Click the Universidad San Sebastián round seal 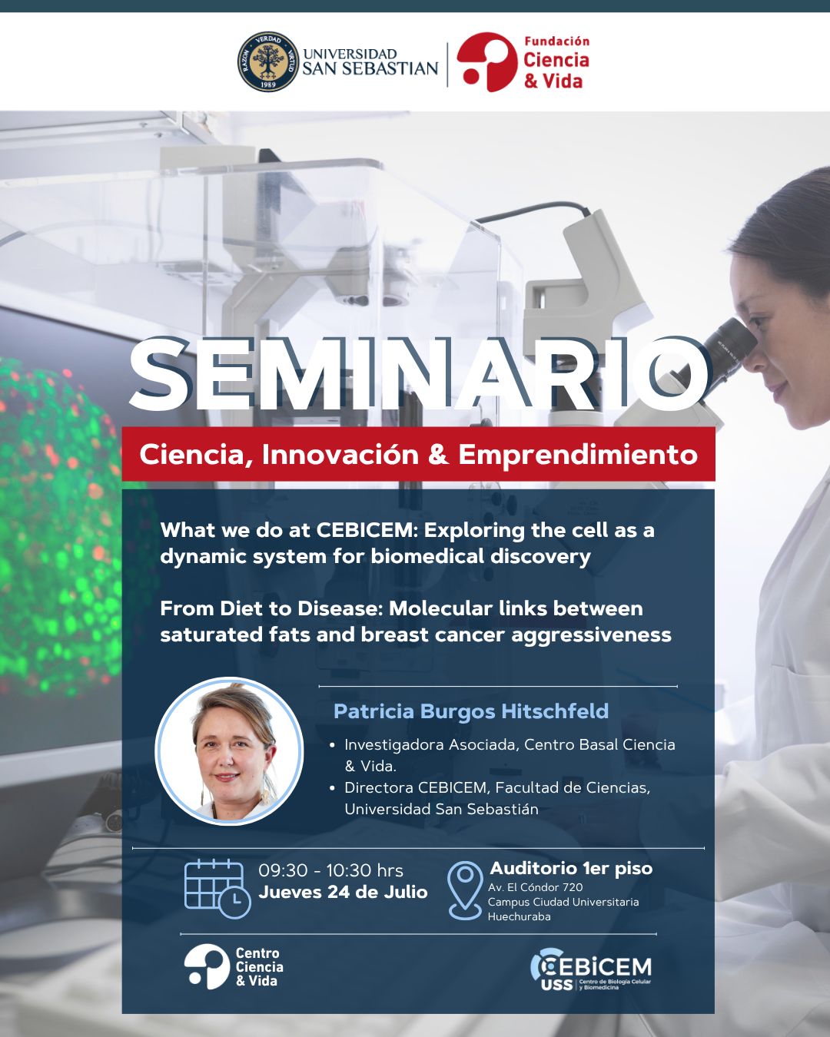click(x=269, y=61)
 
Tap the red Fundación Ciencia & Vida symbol click(x=486, y=61)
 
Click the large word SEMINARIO click(x=419, y=373)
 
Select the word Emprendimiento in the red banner click(x=578, y=455)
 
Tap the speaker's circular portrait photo click(x=230, y=750)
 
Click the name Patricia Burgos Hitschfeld click(x=471, y=711)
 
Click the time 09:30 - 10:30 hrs click(x=330, y=871)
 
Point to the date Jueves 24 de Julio click(x=343, y=893)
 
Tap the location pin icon click(x=465, y=890)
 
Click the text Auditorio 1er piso click(x=571, y=868)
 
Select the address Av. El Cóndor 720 click(x=536, y=887)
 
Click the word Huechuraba click(x=519, y=916)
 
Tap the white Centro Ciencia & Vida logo click(x=234, y=966)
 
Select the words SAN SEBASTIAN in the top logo click(x=370, y=68)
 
